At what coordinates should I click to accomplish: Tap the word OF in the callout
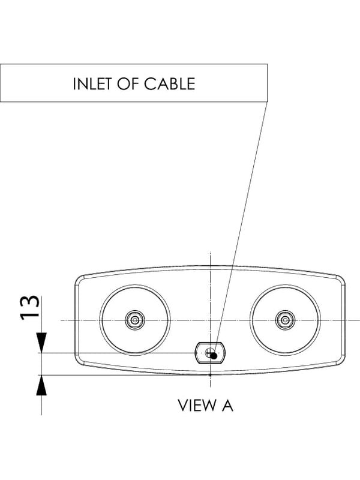pyautogui.click(x=127, y=83)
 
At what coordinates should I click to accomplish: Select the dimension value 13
pyautogui.click(x=29, y=307)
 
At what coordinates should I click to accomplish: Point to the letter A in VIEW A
pyautogui.click(x=227, y=405)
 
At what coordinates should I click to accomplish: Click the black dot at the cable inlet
pyautogui.click(x=214, y=355)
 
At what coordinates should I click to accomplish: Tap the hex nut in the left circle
pyautogui.click(x=134, y=320)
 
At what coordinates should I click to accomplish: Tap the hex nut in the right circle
pyautogui.click(x=285, y=320)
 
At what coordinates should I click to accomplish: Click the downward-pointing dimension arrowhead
pyautogui.click(x=41, y=343)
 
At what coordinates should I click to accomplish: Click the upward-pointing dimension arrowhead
pyautogui.click(x=41, y=385)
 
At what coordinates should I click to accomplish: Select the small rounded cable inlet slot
pyautogui.click(x=211, y=353)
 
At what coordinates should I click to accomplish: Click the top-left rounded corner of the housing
pyautogui.click(x=78, y=278)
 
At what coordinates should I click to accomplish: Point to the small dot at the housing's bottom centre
pyautogui.click(x=210, y=374)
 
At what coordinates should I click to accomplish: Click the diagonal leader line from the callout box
pyautogui.click(x=241, y=229)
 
